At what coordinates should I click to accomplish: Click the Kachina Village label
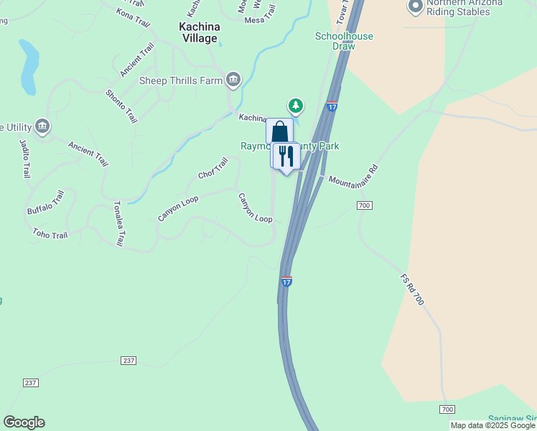197,32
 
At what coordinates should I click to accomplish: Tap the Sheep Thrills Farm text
181,80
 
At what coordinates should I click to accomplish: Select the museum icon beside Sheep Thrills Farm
233,79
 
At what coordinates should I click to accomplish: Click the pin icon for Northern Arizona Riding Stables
415,7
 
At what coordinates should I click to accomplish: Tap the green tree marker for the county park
295,106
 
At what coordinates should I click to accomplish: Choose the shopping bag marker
279,132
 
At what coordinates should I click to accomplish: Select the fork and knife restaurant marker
286,156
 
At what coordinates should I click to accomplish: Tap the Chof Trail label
213,170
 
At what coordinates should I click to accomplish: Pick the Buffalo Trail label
46,203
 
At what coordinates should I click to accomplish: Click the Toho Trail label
50,234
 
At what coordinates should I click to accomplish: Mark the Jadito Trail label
22,157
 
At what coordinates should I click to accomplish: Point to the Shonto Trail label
121,106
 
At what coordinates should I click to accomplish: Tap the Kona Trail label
134,17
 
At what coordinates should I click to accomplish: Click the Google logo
24,422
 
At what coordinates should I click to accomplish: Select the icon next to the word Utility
42,127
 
